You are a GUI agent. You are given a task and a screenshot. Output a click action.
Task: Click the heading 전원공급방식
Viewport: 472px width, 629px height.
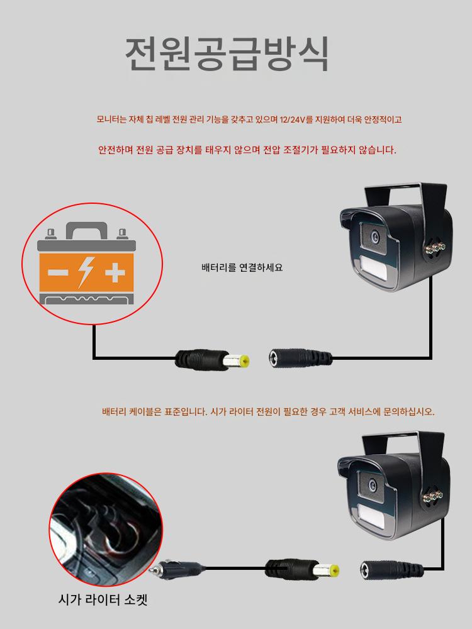227,54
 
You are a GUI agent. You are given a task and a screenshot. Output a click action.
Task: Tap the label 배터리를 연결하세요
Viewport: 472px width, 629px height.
242,267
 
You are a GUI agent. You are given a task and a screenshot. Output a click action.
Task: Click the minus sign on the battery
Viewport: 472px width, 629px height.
58,273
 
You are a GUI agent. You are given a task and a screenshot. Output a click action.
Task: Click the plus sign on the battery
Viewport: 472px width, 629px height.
115,273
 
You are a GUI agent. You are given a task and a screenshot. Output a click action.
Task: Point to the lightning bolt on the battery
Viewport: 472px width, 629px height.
86,272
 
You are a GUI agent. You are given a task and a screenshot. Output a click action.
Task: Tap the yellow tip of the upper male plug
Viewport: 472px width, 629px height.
243,360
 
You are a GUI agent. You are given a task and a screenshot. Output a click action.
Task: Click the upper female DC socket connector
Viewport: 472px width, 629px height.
300,357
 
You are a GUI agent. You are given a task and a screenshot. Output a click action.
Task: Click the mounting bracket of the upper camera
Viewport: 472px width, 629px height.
405,196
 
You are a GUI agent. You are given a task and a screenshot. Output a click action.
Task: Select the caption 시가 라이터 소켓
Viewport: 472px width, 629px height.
103,600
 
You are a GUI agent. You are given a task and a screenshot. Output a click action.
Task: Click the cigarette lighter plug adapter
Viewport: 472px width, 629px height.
177,568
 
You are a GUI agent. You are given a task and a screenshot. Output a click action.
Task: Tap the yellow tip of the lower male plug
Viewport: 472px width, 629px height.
332,571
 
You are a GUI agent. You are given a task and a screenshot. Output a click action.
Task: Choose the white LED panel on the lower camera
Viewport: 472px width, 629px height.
371,516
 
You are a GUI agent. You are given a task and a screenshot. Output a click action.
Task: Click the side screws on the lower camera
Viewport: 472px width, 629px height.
433,498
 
